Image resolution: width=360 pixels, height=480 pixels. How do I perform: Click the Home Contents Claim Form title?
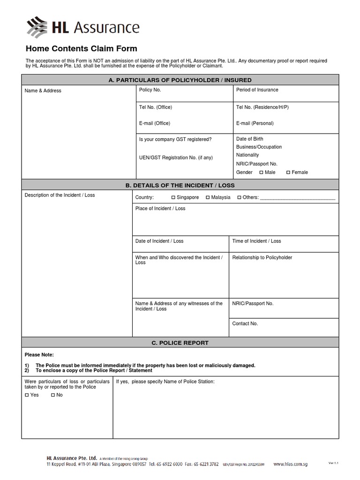[81, 49]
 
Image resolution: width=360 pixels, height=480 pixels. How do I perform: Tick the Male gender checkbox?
[261, 172]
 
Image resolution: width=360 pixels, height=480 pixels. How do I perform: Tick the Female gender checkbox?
[288, 172]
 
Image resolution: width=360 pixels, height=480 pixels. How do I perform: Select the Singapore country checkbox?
[173, 197]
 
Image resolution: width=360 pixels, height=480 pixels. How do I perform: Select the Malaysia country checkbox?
[208, 197]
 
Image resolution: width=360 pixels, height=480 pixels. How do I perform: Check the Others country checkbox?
[239, 197]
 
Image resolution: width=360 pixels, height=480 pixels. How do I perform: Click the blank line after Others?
[298, 198]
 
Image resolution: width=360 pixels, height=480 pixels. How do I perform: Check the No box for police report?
[53, 395]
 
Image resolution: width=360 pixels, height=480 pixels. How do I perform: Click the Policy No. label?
[150, 90]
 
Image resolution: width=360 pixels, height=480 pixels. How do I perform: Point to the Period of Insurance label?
[257, 90]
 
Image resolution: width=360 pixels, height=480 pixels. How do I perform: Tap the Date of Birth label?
[249, 139]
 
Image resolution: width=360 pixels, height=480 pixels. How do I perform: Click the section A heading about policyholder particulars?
[180, 80]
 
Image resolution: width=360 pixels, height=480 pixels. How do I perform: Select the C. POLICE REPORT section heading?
[180, 343]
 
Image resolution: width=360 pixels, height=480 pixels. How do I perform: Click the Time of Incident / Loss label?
[256, 241]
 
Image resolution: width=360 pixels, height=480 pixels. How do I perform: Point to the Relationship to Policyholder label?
[262, 257]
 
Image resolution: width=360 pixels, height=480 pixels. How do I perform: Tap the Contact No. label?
[245, 323]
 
